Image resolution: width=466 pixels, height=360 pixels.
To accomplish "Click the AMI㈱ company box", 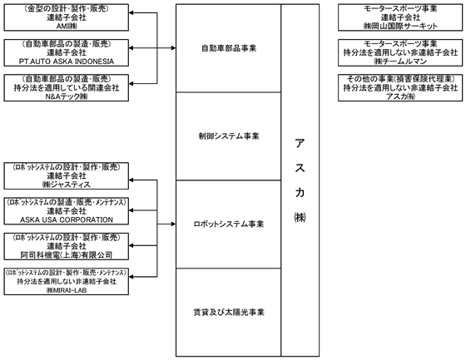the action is tap(67, 17).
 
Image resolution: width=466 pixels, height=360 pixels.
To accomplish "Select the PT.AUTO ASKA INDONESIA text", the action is tap(67, 62).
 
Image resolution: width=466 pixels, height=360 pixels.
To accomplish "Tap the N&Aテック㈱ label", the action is tap(67, 96).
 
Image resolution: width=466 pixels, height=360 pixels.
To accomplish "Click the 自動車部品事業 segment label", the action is tap(229, 48).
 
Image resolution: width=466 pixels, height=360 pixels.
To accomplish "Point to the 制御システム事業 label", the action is tap(229, 136).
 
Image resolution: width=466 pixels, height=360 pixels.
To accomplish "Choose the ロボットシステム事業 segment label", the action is tap(229, 224).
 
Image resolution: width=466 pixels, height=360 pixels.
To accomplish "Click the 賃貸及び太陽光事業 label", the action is tap(229, 312).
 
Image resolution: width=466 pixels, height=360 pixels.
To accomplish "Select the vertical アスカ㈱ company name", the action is tap(300, 180).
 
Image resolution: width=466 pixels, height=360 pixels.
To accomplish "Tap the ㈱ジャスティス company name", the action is tap(67, 185).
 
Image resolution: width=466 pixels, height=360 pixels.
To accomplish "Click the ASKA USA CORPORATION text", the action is tap(67, 219).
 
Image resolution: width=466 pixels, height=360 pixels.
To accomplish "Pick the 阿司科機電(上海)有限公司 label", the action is tap(67, 255).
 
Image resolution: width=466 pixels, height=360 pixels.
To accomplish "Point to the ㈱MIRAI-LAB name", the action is tap(67, 290).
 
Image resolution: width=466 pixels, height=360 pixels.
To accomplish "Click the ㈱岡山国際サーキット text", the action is tap(400, 26).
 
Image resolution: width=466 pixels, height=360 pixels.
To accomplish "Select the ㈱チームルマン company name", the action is tap(400, 62).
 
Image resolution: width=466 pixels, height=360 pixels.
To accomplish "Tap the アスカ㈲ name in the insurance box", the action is tap(400, 96).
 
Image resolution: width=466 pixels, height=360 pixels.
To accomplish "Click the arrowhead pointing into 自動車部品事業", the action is tap(174, 48).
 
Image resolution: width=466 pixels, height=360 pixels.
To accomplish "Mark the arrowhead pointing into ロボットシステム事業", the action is tap(174, 224).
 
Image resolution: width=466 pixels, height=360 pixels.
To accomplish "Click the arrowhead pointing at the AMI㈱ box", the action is tap(131, 12).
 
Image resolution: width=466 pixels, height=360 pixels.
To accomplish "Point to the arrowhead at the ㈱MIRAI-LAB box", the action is tap(131, 277).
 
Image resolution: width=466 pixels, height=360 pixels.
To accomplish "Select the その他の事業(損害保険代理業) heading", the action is tap(400, 79).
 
